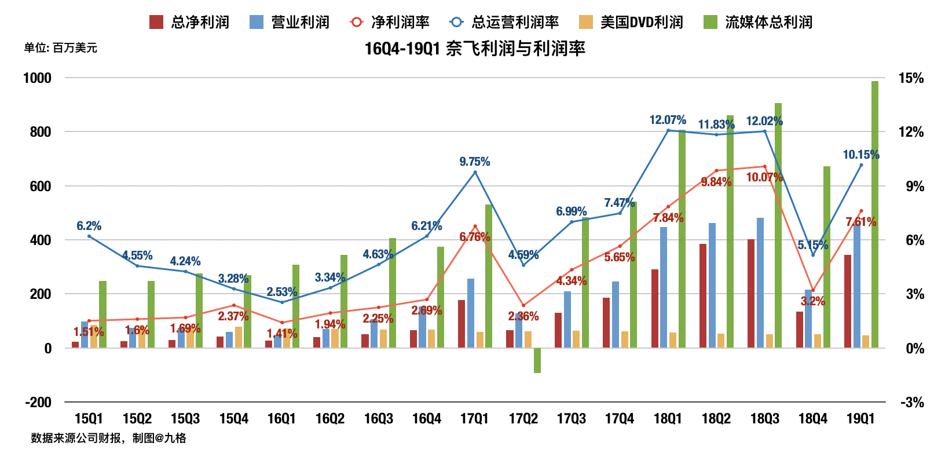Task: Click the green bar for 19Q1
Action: point(874,214)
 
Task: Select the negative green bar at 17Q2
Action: point(537,360)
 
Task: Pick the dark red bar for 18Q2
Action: point(703,295)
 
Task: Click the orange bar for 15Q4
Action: point(239,337)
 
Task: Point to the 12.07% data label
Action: point(668,120)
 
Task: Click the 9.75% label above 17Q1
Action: point(475,162)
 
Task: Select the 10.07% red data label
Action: point(764,177)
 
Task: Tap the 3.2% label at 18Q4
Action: point(813,301)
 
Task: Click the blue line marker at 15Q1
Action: point(89,236)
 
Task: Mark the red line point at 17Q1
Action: point(475,226)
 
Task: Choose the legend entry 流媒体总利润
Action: point(758,22)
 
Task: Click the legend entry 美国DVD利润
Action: point(632,22)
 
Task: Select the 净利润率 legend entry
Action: point(390,22)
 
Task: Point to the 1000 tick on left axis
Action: point(37,78)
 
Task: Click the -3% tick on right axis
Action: point(912,403)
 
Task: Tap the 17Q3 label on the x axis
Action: point(572,419)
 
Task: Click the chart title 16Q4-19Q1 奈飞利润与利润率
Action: point(475,48)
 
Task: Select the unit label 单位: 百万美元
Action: point(61,48)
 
